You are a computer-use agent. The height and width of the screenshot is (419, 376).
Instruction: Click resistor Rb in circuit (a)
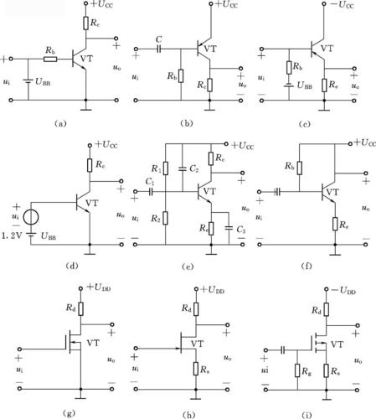coord(50,59)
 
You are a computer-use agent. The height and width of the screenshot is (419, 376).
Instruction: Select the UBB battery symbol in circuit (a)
coord(28,81)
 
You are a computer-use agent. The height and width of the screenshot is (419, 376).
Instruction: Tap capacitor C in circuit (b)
coord(159,49)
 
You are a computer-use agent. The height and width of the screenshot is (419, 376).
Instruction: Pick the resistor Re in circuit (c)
coord(324,85)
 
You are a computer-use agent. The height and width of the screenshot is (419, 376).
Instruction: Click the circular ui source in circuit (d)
coord(31,218)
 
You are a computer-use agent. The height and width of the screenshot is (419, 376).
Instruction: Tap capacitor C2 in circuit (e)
coord(182,168)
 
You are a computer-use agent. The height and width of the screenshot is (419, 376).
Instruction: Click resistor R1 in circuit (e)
coord(166,168)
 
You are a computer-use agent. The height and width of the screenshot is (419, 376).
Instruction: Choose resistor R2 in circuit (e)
coord(166,218)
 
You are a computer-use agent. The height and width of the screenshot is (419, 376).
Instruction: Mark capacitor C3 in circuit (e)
coord(229,228)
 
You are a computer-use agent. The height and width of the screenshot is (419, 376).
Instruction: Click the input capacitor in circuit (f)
coord(277,192)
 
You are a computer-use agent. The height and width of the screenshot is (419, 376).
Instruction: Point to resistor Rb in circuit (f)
coord(299,168)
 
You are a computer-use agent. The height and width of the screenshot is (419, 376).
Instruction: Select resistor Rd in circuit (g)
coord(80,309)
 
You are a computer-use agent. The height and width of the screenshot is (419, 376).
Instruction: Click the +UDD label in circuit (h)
coord(213,290)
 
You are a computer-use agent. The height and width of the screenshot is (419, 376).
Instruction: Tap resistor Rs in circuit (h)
coord(196,369)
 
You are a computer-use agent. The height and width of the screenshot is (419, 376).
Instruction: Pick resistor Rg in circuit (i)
coord(297,370)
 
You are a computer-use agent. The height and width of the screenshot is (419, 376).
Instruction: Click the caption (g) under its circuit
coord(69,412)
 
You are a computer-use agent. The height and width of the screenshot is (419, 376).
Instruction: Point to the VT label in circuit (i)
coord(337,344)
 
